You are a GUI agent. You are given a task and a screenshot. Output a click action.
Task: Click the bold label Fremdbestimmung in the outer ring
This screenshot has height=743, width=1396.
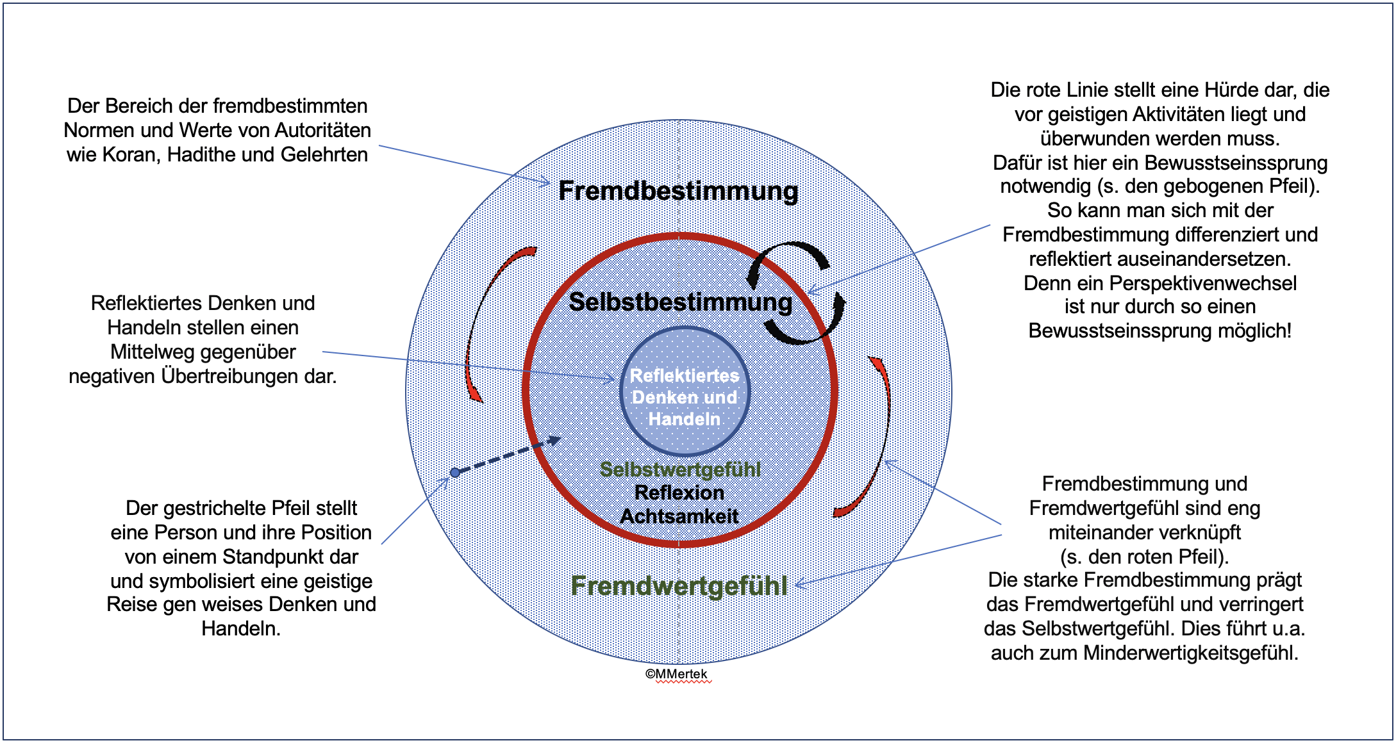click(678, 191)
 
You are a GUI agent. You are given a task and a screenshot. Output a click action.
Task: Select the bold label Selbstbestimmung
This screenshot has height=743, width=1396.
click(680, 302)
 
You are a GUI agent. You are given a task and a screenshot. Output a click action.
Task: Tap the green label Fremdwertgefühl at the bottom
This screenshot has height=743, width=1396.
click(679, 585)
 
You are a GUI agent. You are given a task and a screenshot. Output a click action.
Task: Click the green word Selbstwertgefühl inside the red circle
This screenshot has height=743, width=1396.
click(680, 469)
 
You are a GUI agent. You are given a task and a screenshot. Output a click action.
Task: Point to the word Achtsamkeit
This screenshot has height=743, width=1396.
click(679, 516)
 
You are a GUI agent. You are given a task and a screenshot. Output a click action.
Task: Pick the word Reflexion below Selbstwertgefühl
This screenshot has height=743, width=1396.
click(679, 493)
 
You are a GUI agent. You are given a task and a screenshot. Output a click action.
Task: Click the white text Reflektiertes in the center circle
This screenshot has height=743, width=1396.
click(684, 375)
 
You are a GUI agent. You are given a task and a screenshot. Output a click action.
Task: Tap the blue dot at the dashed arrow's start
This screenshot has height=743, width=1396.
click(455, 473)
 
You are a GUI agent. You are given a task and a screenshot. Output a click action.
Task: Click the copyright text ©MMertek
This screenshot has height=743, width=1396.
click(676, 674)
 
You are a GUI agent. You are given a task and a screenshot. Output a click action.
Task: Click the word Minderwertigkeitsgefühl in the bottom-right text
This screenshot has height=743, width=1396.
click(1190, 653)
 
